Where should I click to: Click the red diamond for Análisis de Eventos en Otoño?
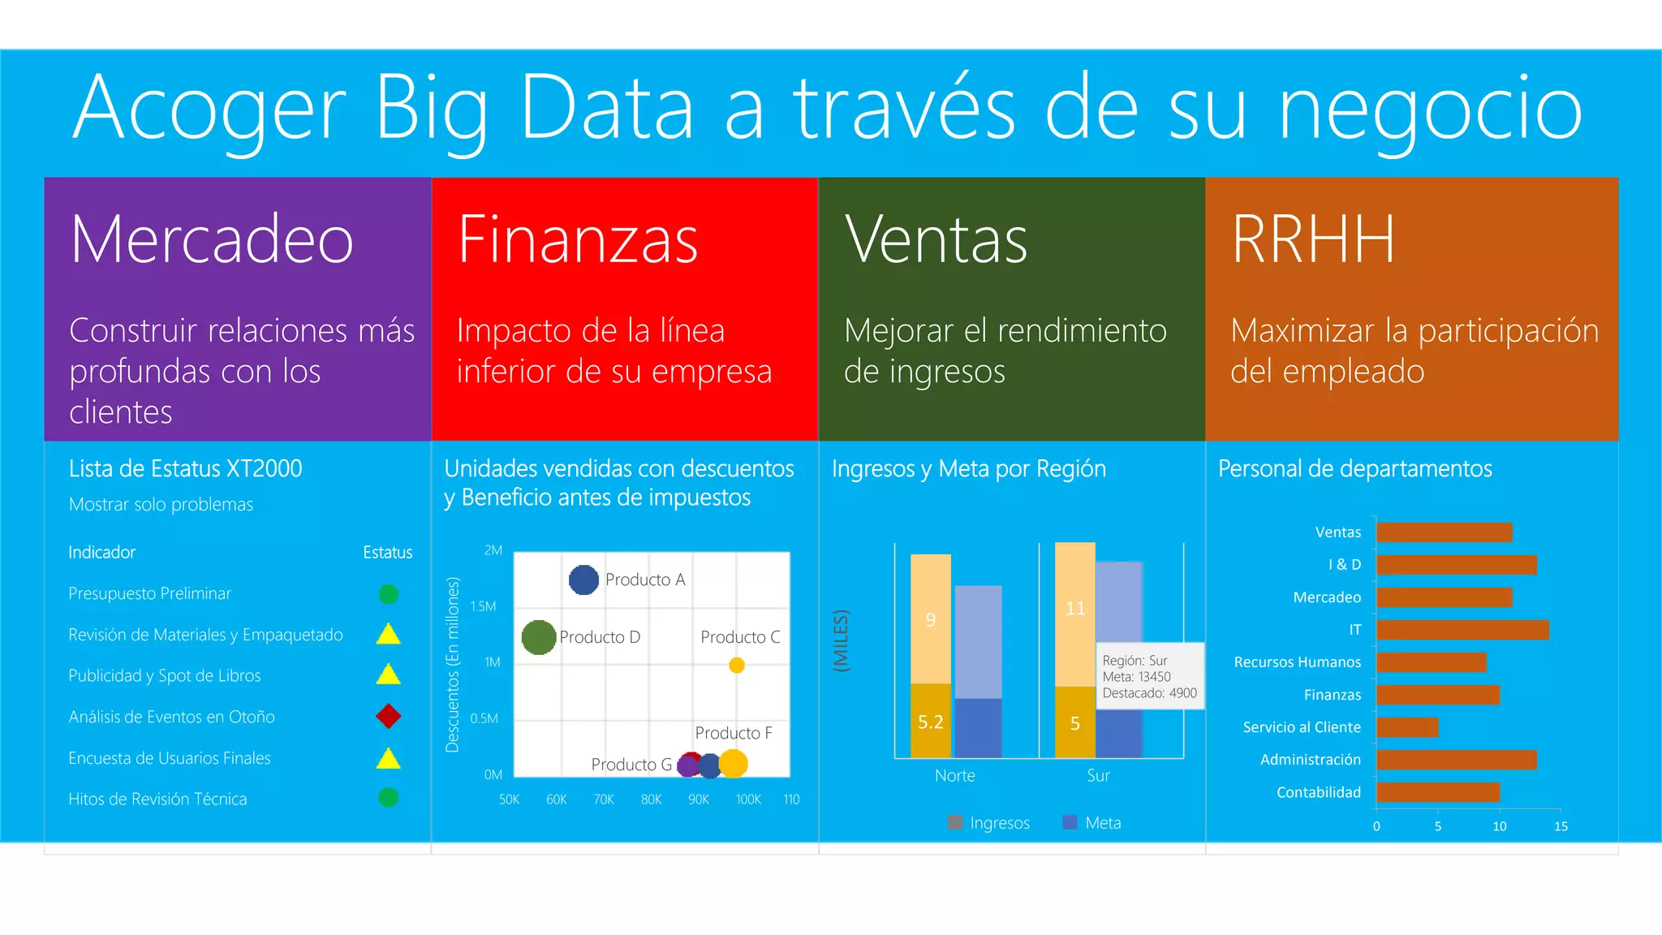coord(388,716)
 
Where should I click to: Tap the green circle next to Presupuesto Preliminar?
coord(389,594)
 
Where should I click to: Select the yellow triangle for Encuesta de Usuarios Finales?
coord(389,759)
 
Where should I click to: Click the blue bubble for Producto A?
coord(583,580)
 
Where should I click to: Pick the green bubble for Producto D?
coord(539,637)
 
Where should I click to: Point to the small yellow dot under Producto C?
coord(737,666)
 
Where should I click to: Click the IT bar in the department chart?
coord(1462,630)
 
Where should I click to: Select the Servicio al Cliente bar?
coord(1407,727)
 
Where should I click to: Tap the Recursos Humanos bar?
coord(1432,662)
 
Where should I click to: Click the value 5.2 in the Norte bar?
coord(931,722)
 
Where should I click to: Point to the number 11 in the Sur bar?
coord(1075,609)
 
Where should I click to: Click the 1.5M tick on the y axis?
coord(483,606)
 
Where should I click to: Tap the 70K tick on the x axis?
coord(604,799)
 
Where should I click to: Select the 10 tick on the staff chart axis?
coord(1500,826)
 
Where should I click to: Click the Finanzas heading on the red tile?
coord(578,239)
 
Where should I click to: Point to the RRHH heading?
coord(1313,239)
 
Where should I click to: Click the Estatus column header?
coord(388,553)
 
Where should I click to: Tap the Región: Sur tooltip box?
coord(1149,677)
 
